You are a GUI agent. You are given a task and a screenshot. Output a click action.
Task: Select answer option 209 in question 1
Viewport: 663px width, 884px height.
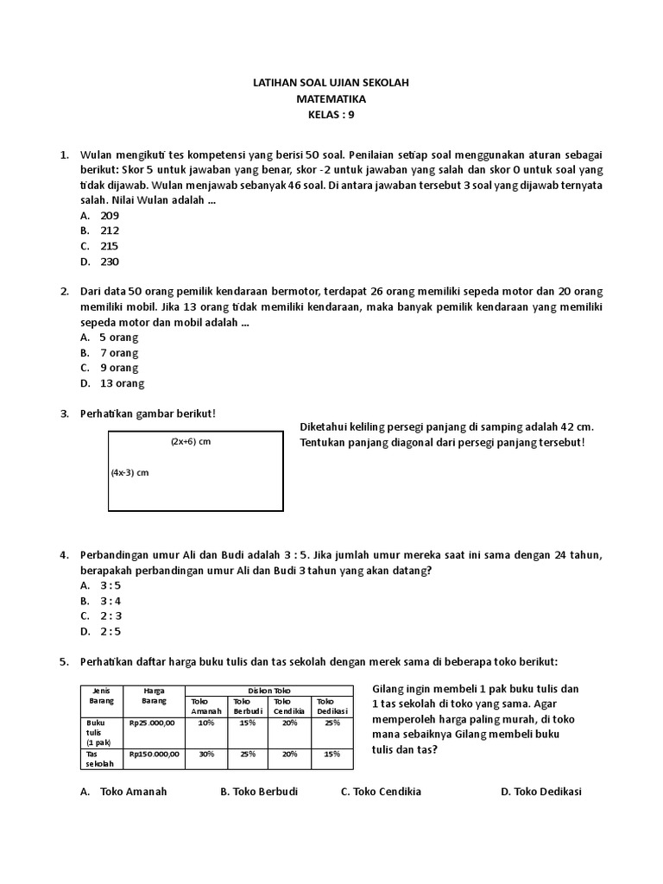coord(109,215)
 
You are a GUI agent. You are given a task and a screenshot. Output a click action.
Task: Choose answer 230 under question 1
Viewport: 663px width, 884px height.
coord(109,262)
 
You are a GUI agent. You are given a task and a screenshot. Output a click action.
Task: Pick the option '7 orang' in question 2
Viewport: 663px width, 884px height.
coord(118,352)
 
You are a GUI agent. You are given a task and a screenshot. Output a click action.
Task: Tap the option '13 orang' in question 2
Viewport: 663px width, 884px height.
coord(122,383)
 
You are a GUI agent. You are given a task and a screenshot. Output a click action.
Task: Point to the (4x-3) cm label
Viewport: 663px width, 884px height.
coord(129,473)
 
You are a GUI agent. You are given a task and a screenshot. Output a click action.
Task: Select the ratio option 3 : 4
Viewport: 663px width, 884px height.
coord(110,600)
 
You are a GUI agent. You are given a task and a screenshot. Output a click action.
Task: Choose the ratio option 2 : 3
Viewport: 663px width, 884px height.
coord(110,616)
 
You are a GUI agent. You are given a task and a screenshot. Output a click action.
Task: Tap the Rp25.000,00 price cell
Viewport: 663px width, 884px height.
coord(153,723)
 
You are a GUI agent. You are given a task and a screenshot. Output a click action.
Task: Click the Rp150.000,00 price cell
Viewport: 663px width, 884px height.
coord(155,754)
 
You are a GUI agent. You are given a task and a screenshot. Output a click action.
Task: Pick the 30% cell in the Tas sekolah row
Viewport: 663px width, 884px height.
coord(206,754)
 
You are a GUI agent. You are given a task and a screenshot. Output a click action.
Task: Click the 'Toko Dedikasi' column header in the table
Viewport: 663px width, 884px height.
coord(331,705)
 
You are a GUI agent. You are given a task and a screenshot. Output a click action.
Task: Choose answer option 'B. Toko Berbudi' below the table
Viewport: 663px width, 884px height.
coord(259,792)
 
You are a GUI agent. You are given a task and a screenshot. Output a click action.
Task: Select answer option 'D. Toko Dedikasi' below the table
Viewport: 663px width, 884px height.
coord(541,792)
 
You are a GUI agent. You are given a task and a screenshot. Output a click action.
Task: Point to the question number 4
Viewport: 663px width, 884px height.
coord(64,554)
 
